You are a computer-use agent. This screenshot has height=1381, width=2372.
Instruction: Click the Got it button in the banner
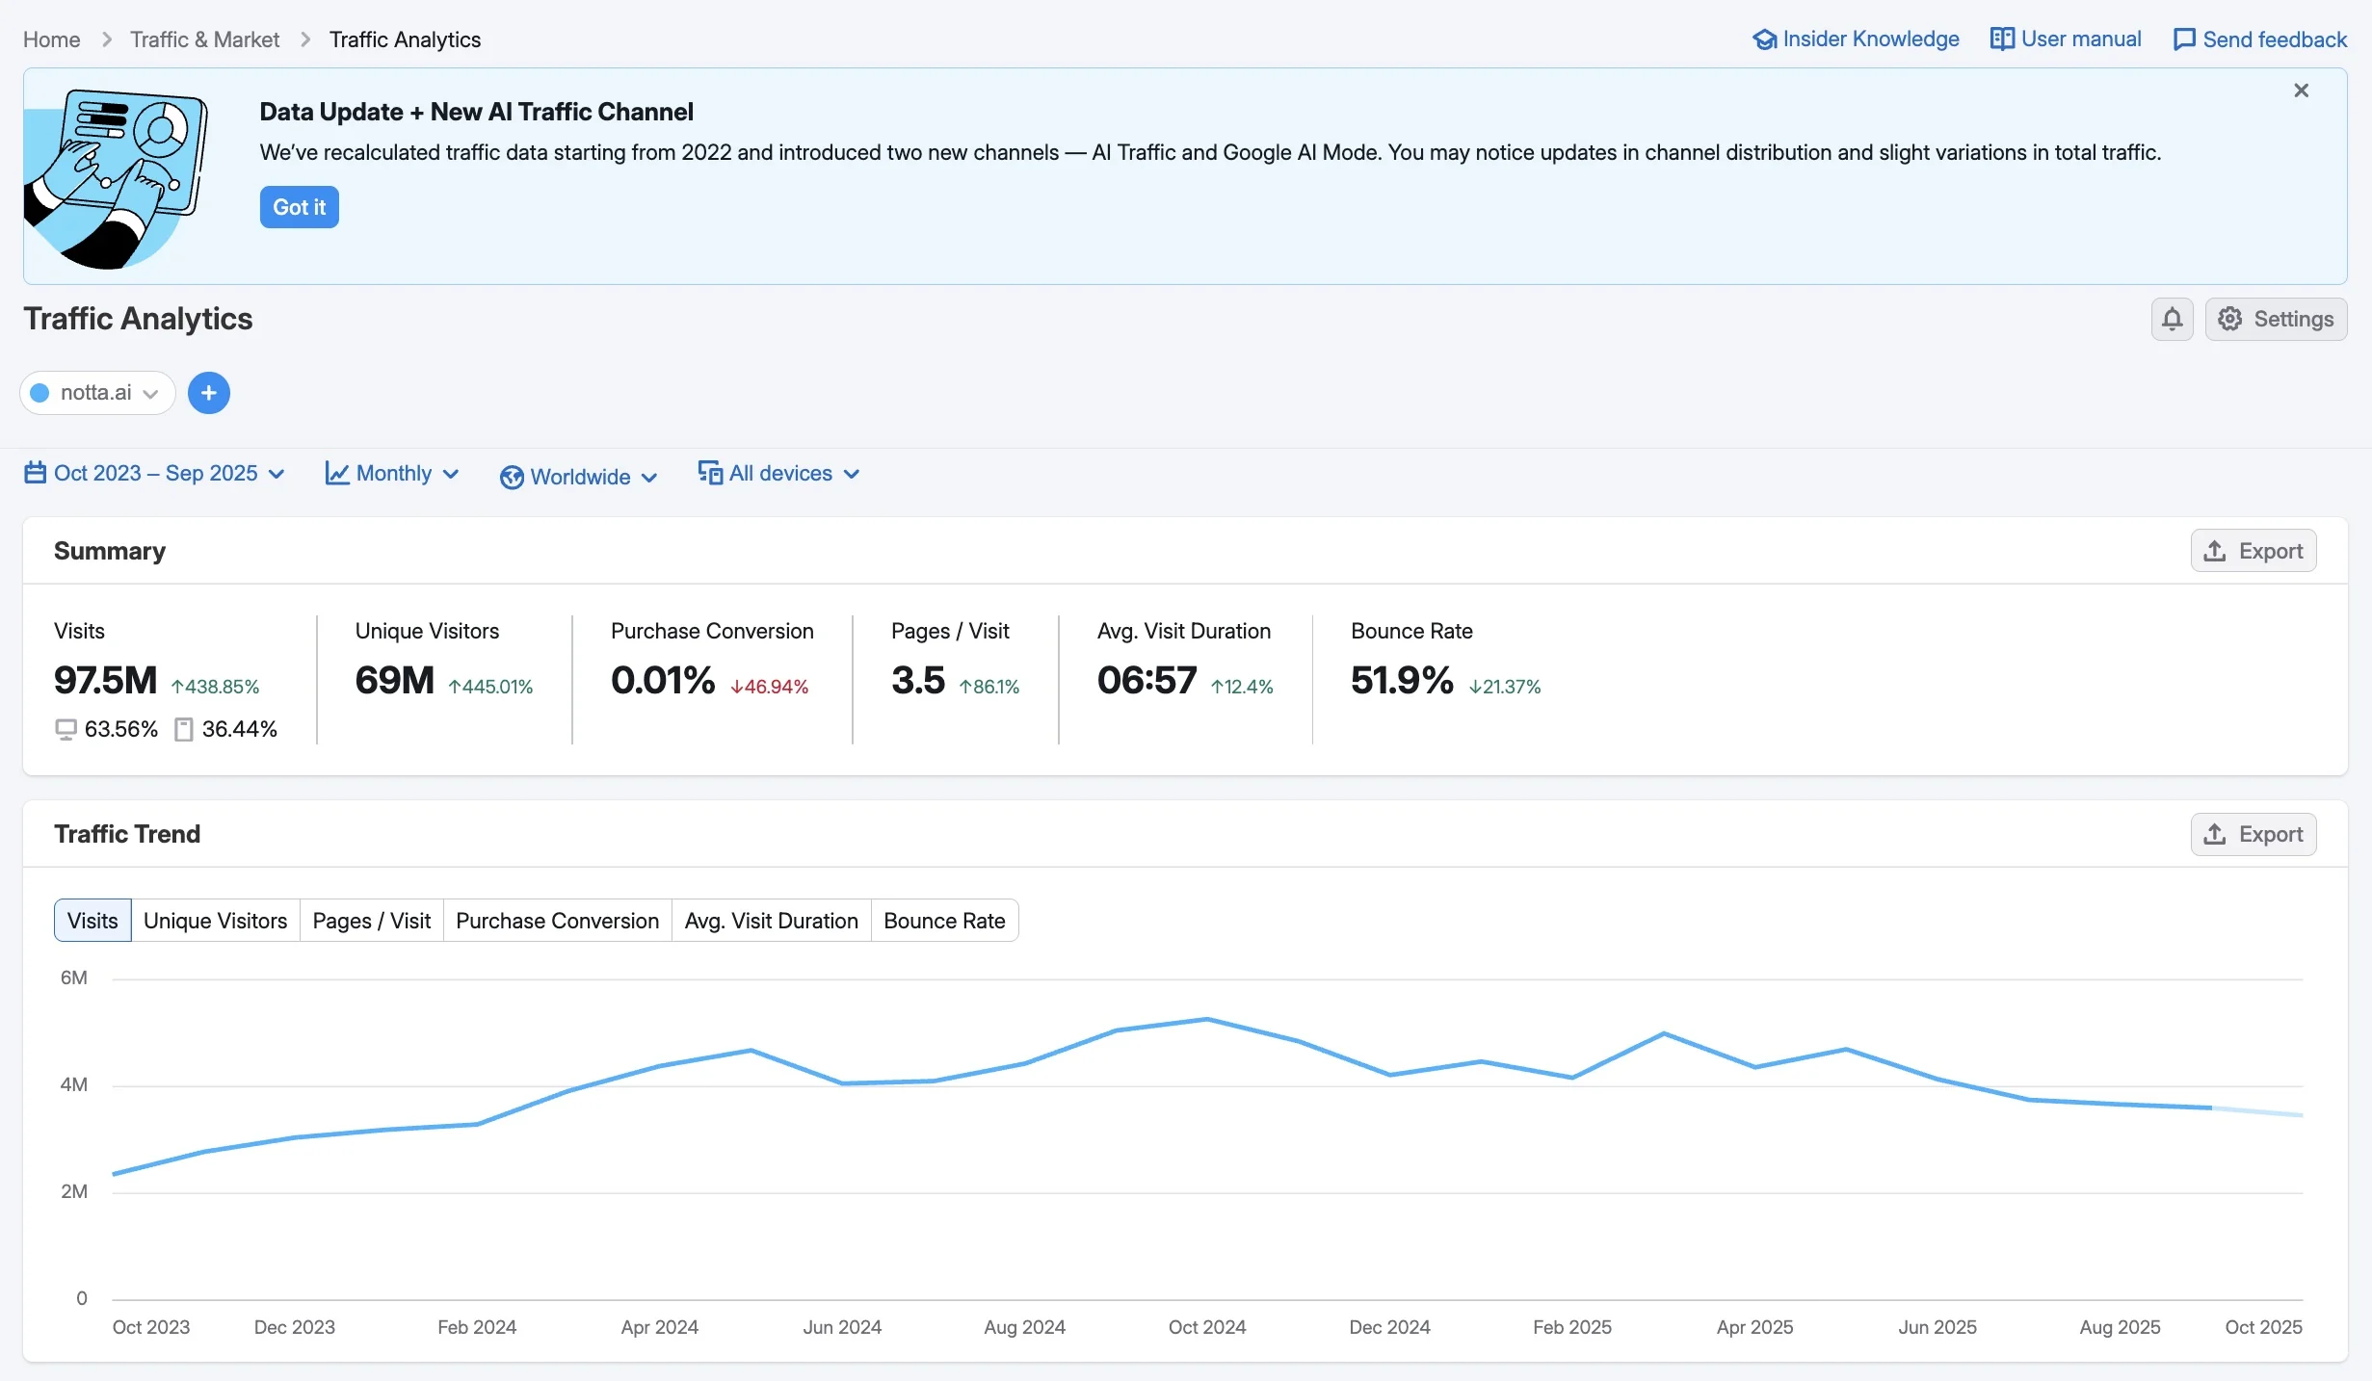coord(299,207)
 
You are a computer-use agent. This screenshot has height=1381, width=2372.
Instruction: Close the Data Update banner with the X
coord(2301,91)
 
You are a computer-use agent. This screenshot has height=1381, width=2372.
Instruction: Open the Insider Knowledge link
coord(1856,39)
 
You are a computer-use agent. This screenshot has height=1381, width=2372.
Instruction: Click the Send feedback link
coord(2260,39)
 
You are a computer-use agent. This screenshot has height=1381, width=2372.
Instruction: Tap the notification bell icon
coord(2172,319)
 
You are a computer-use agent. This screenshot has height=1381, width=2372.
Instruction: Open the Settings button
coord(2276,319)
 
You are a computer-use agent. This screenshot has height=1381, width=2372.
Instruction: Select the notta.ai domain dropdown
coord(96,393)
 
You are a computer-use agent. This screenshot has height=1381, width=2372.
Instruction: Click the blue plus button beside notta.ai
coord(208,393)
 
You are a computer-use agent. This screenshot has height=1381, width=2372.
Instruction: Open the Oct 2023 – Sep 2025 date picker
coord(155,474)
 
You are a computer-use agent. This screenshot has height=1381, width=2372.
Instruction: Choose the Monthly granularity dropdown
coord(392,474)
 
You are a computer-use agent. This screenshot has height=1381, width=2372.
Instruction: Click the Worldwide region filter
coord(579,477)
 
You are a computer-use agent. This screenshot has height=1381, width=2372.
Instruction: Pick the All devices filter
coord(778,474)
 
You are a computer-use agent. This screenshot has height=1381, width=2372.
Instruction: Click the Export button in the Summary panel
coord(2253,551)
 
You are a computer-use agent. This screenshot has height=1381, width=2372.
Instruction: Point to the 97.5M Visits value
coord(105,681)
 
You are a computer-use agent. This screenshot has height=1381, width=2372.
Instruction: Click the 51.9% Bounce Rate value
coord(1401,681)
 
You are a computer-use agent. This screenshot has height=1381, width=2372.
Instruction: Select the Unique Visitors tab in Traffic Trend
coord(215,921)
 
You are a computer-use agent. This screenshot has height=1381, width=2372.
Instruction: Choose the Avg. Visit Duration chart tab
coord(771,921)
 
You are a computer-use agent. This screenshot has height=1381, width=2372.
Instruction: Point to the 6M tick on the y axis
coord(74,978)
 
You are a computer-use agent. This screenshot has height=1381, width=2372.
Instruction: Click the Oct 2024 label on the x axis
coord(1206,1327)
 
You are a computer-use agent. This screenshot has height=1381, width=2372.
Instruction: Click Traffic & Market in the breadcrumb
coord(204,39)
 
